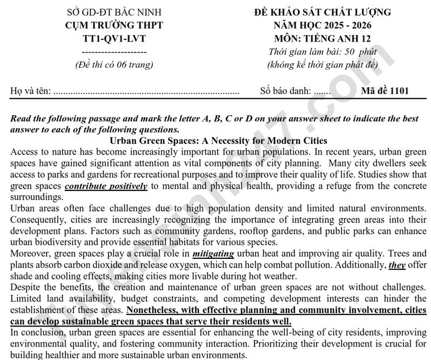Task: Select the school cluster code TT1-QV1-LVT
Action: [114, 38]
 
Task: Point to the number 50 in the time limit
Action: [340, 52]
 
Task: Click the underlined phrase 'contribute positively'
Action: [106, 186]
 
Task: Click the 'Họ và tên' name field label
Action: [30, 91]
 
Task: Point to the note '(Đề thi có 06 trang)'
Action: [114, 64]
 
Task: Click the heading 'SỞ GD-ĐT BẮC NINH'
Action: [114, 12]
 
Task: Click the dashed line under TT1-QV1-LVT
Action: [114, 51]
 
